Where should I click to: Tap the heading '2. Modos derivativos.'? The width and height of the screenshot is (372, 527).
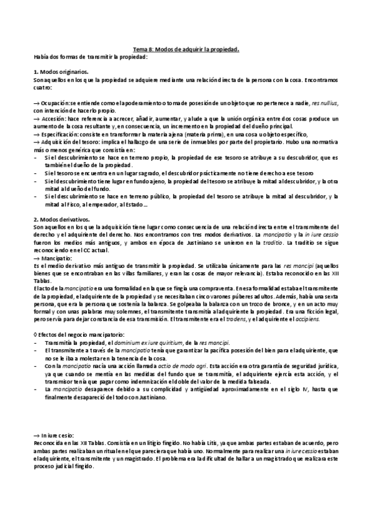pyautogui.click(x=61, y=219)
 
